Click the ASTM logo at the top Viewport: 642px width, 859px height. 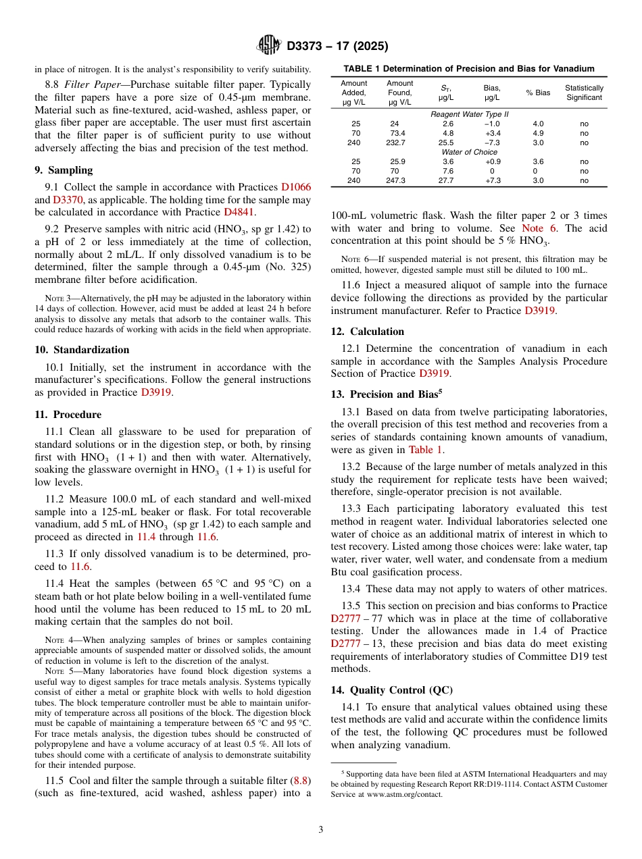[270, 46]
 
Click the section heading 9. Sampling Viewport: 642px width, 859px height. [64, 170]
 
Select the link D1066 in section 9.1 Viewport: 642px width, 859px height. [296, 187]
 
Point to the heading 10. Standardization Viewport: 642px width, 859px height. [82, 349]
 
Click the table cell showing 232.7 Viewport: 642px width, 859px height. [395, 142]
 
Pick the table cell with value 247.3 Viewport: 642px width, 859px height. [395, 180]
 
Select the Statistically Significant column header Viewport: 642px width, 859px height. [584, 93]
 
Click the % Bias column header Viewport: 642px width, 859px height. [538, 93]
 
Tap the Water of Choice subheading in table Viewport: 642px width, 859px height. [469, 152]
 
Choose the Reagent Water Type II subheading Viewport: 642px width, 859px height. [469, 114]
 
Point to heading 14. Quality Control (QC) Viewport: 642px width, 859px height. [392, 689]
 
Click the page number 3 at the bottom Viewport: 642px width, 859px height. [320, 829]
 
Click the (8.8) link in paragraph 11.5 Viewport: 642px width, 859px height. [300, 780]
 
